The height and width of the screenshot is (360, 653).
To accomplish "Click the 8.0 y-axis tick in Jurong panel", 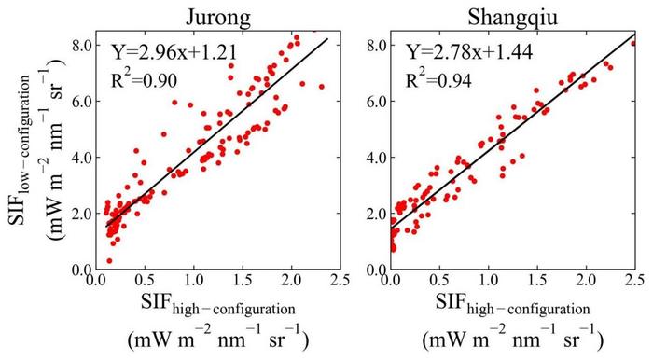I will [x=76, y=45].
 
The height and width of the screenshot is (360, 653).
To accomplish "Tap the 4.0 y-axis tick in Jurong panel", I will [x=76, y=157].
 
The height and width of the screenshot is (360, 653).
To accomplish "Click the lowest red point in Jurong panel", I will [x=109, y=261].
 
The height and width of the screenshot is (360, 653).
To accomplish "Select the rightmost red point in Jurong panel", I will [x=322, y=87].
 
